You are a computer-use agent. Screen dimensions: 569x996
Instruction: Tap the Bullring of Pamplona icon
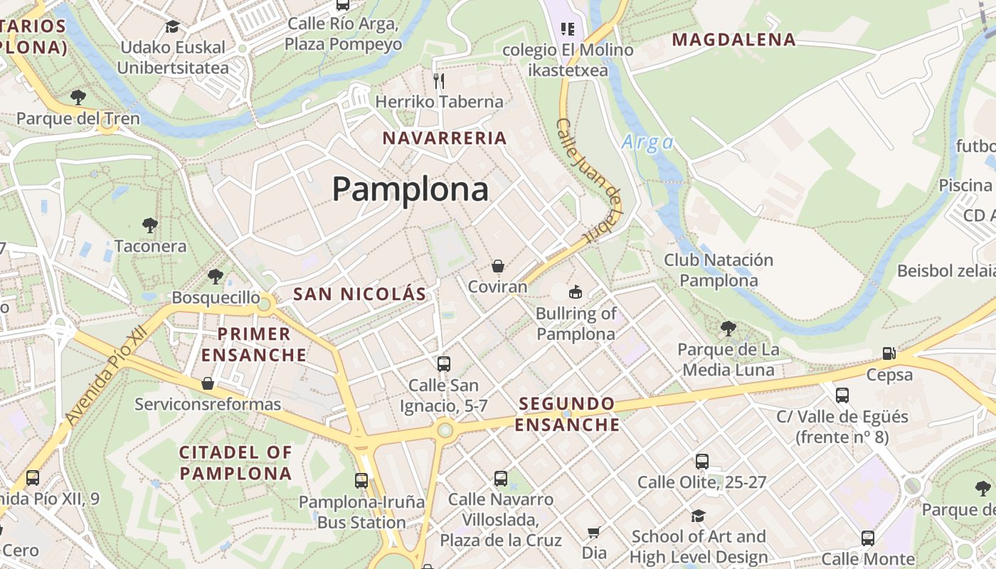(575, 292)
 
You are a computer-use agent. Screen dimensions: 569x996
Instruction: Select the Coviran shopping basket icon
(498, 266)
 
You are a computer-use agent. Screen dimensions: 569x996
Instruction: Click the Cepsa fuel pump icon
(889, 353)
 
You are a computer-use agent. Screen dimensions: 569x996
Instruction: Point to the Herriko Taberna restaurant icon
(439, 80)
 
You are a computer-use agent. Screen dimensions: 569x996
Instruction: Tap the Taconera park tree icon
(149, 225)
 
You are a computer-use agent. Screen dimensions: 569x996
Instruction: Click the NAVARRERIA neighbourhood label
(445, 138)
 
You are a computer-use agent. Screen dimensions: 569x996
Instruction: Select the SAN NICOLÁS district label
(359, 294)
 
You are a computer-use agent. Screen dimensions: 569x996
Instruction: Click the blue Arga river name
(647, 142)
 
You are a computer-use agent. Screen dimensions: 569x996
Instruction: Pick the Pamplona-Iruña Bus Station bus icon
(361, 480)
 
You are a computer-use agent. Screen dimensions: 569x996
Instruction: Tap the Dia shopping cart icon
(594, 532)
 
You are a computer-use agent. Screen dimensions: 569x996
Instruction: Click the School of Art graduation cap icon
(698, 516)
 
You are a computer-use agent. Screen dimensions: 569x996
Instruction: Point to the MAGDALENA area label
(733, 40)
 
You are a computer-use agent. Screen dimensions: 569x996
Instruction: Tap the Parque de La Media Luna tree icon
(728, 328)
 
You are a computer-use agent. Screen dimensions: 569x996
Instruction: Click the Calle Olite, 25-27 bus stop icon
(702, 461)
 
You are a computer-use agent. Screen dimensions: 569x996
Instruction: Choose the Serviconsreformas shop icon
(208, 383)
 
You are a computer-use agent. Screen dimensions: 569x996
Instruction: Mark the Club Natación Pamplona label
(718, 270)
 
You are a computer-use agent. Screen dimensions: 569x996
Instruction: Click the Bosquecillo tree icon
(216, 276)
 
